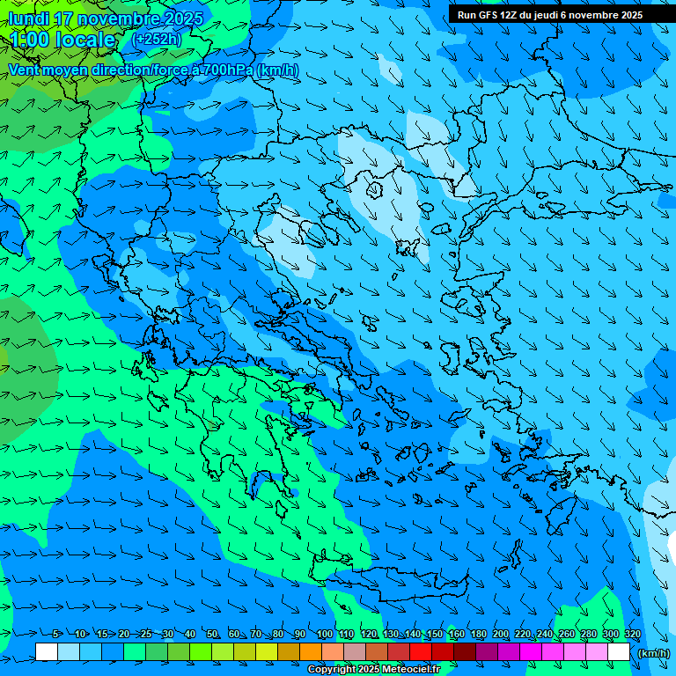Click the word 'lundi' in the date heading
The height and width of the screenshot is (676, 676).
27,18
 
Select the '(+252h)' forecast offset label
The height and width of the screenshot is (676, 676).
156,39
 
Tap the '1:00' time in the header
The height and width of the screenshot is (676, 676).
29,40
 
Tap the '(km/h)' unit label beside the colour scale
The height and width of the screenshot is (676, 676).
652,653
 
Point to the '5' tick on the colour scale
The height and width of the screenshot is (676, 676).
55,635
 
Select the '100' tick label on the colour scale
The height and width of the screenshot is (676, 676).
325,635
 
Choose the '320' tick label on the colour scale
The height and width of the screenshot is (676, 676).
632,635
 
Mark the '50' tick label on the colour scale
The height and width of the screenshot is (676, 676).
212,635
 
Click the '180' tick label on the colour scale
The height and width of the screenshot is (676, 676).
478,635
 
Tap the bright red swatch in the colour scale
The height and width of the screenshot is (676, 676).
421,652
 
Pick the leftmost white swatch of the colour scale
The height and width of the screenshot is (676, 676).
47,652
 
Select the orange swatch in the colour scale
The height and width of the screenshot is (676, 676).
311,652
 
